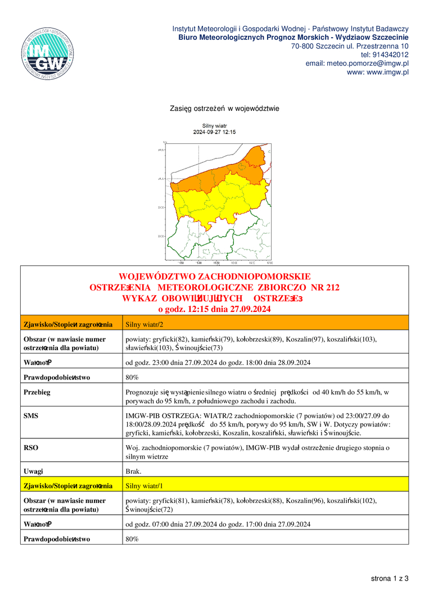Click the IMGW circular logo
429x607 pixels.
48,51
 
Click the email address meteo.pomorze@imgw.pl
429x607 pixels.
357,64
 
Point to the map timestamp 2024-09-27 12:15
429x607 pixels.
214,132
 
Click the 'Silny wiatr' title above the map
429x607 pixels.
214,126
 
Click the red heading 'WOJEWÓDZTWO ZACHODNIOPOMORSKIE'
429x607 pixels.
214,277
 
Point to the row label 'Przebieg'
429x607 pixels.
37,392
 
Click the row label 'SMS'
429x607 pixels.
31,415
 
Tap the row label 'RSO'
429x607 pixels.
31,447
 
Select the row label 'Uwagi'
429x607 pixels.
33,471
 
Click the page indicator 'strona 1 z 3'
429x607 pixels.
389,578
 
